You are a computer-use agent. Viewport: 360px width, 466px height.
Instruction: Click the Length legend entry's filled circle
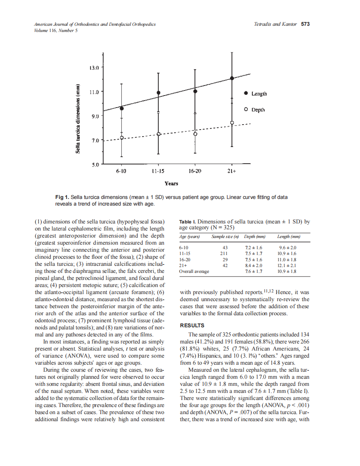click(246, 93)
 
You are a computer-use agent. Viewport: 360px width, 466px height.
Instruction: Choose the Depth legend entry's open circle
click(246, 110)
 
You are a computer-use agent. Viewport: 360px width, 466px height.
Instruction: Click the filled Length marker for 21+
click(232, 78)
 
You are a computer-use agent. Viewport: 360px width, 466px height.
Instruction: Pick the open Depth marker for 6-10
click(122, 137)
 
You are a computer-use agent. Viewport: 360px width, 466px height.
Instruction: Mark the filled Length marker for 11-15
click(158, 93)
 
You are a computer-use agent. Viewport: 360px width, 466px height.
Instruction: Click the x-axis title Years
click(171, 184)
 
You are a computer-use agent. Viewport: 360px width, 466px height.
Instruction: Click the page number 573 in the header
click(305, 24)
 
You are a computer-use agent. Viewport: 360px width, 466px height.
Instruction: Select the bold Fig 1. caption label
click(63, 197)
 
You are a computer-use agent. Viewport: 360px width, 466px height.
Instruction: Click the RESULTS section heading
click(192, 325)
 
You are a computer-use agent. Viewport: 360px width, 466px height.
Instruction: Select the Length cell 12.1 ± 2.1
click(287, 265)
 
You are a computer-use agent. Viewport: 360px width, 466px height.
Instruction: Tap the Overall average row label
click(194, 271)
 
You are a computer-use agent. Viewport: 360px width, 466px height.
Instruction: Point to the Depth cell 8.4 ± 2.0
click(254, 265)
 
